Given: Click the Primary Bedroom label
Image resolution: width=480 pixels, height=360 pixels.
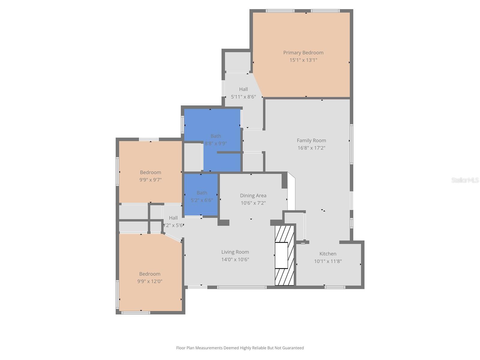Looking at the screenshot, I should point(303,53).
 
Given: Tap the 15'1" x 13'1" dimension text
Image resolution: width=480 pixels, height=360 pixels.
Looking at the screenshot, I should point(303,60).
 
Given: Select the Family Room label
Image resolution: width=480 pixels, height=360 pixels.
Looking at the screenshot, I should point(311,140).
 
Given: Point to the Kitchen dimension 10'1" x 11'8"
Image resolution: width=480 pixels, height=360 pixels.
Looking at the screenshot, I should point(328,261).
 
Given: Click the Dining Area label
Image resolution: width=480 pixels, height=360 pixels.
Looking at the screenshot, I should point(253,196).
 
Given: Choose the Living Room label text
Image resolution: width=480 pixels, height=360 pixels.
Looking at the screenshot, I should point(235,252).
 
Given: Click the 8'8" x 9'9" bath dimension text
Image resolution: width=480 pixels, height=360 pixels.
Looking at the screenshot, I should point(216,144).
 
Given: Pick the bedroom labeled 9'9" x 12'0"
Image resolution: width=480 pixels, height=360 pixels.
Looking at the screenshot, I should point(150,277).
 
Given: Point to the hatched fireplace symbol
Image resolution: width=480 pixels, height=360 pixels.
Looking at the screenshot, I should point(284,255).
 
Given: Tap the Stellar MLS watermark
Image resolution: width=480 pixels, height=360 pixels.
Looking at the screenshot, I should point(465,180).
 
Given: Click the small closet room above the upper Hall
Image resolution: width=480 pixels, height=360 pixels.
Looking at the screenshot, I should point(238,61).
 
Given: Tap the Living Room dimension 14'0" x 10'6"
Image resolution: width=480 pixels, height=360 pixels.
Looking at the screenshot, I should point(235,260).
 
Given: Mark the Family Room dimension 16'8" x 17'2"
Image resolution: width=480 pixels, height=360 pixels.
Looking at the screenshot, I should point(311,148).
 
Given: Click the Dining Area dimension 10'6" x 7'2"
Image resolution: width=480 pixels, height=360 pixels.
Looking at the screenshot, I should point(253,203).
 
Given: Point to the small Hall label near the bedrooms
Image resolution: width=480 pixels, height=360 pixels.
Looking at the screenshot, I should point(173,218).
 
